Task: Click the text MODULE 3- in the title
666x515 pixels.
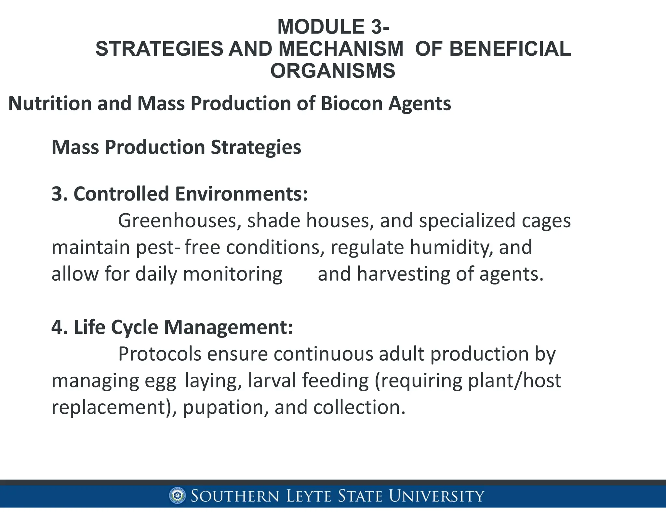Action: [333, 27]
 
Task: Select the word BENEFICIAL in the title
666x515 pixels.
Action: [510, 49]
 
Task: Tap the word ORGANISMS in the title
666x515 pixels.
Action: [333, 71]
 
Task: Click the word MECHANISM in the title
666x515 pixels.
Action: [341, 49]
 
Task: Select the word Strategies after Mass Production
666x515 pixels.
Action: [256, 147]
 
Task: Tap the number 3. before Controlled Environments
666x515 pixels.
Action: [60, 194]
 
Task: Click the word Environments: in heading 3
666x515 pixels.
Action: [241, 194]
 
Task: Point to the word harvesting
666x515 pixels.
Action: [403, 274]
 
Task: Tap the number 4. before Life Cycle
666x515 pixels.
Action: [60, 327]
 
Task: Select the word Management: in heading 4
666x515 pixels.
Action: [228, 327]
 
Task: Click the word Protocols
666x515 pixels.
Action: [160, 354]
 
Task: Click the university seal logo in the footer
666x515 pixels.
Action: [177, 496]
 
